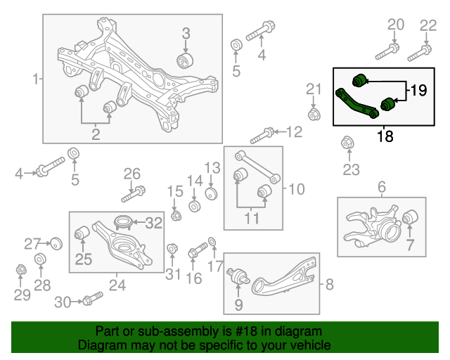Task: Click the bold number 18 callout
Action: coord(385,136)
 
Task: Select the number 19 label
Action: coord(418,90)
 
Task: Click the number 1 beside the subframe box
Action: coord(36,79)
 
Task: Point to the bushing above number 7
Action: coord(410,219)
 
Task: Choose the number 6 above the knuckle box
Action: coord(382,187)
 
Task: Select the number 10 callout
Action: coord(297,188)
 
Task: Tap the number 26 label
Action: coord(132,174)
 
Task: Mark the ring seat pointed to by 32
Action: coord(122,224)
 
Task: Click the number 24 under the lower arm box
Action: coord(117,285)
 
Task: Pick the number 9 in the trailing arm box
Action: coord(238,304)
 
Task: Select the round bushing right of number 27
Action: coord(57,243)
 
